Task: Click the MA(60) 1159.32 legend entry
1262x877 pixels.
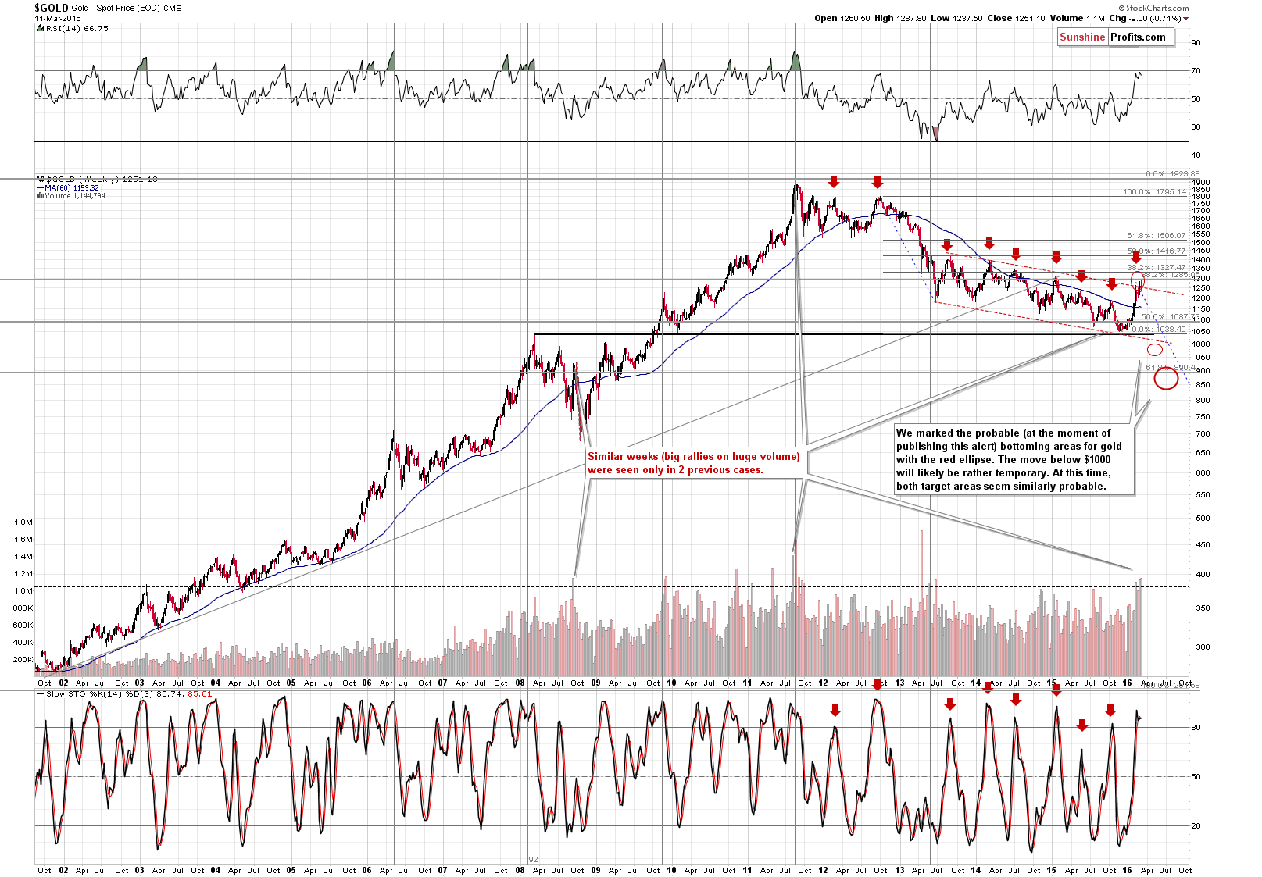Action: (x=70, y=187)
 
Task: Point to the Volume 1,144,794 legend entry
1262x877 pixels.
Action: (x=74, y=196)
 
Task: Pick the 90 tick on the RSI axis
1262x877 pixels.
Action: (x=1196, y=43)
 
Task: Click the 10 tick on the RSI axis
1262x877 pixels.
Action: (x=1196, y=155)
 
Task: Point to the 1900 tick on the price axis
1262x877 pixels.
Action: (x=1200, y=183)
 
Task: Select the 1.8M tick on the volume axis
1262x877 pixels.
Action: (x=23, y=522)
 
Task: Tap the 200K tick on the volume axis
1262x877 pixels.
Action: (x=23, y=659)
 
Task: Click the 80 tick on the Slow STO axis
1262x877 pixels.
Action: (x=1196, y=727)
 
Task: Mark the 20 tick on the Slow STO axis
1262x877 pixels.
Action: (x=1196, y=825)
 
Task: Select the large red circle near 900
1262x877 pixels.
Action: (x=1166, y=379)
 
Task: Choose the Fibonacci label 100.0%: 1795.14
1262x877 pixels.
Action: (x=1154, y=191)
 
